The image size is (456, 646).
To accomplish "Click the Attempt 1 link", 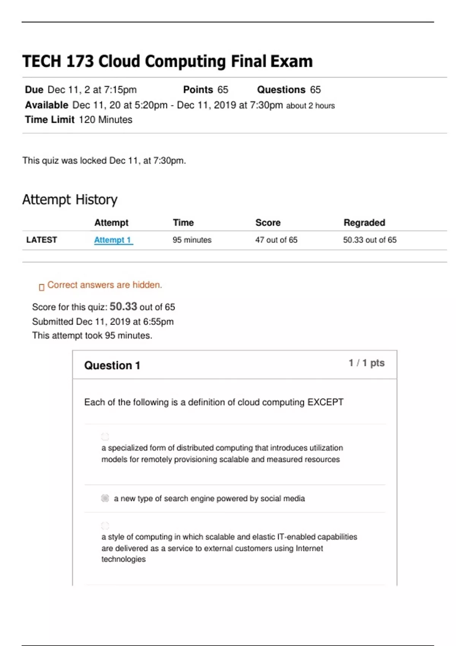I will [113, 240].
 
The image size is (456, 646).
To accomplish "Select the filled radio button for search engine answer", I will [105, 498].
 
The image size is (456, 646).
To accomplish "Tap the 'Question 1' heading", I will [112, 365].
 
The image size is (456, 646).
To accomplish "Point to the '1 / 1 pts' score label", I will [366, 363].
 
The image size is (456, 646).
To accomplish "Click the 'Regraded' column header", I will [364, 223].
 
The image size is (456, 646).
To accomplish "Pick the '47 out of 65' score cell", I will [276, 240].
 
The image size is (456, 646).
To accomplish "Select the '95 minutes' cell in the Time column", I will [192, 240].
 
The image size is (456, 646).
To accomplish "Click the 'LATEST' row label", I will [41, 240].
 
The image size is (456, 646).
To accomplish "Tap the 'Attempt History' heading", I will [70, 199].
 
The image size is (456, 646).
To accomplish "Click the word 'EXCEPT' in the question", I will [325, 402].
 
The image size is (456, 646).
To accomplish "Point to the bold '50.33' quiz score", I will [123, 306].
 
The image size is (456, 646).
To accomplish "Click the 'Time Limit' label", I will [50, 120].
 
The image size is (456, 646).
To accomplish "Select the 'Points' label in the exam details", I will [198, 90].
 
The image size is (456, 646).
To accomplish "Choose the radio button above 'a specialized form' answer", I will [105, 436].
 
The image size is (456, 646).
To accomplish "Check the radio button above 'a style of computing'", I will [105, 526].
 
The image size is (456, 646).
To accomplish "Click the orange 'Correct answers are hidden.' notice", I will [104, 285].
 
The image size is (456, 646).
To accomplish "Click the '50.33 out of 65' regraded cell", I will [369, 240].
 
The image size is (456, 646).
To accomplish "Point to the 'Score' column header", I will [268, 223].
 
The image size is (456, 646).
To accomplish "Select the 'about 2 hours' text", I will [310, 106].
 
